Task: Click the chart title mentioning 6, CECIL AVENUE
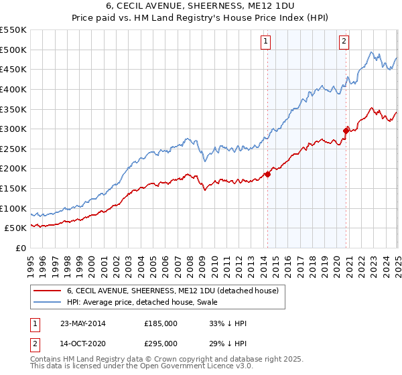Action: [201, 6]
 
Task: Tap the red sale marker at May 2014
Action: [267, 174]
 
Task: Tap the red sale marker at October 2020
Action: [346, 131]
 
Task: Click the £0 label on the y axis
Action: [21, 248]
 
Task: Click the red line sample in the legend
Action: [47, 291]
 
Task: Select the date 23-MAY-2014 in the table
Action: [82, 323]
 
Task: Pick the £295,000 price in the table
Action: [161, 343]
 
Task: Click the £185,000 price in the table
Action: [161, 323]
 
